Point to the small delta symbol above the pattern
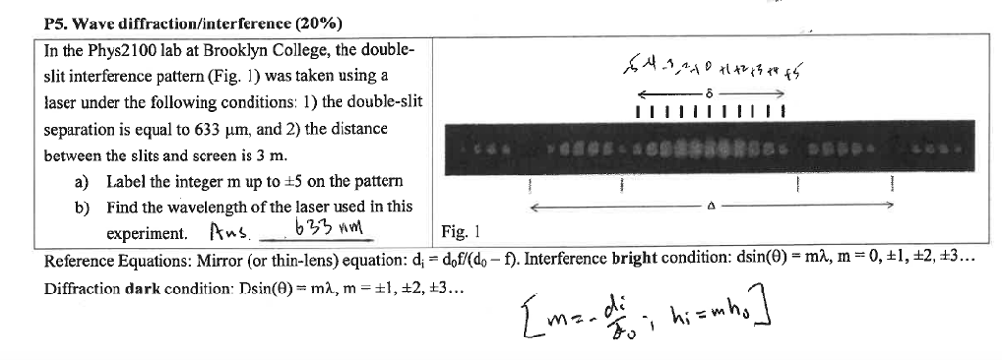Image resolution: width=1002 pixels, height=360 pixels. (x=711, y=89)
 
